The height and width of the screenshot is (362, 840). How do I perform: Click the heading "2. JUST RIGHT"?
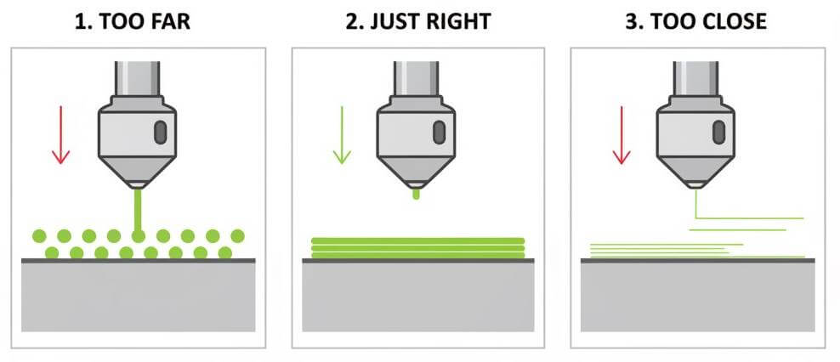(418, 20)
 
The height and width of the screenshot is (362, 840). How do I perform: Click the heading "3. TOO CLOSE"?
(696, 20)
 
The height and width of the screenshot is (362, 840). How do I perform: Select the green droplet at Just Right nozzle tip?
(416, 195)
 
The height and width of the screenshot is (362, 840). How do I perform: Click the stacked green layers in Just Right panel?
(417, 246)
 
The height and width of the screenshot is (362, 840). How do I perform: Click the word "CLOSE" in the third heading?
(731, 20)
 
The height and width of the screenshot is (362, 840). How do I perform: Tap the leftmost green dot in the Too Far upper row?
(38, 235)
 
